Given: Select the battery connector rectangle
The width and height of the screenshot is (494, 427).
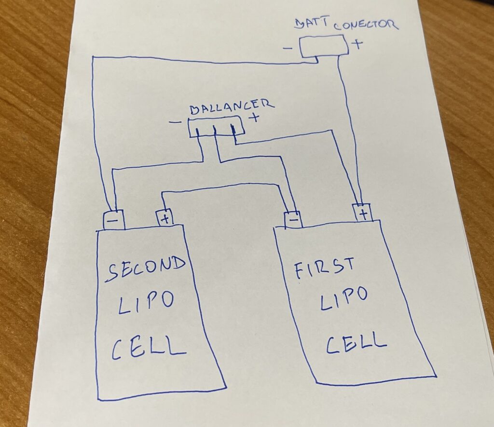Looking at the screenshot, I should pyautogui.click(x=323, y=47).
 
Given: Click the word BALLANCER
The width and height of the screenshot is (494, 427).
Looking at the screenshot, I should pyautogui.click(x=231, y=107).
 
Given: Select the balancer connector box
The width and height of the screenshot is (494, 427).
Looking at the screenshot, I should pyautogui.click(x=215, y=126).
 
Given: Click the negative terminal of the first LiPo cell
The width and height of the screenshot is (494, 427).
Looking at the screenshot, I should pyautogui.click(x=293, y=219).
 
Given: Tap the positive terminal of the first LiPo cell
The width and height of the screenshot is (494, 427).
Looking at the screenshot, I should pyautogui.click(x=362, y=212).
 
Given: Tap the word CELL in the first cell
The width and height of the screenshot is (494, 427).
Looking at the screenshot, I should pyautogui.click(x=356, y=342).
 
